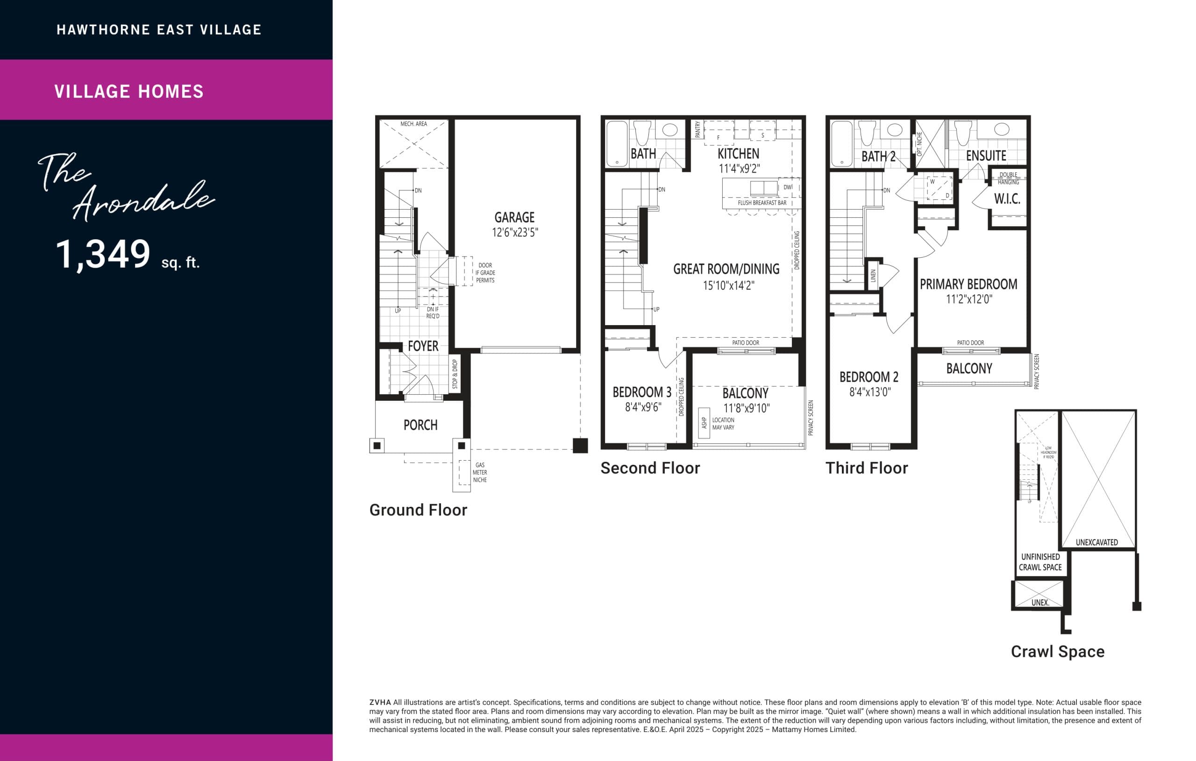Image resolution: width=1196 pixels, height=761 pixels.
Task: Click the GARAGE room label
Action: pyautogui.click(x=514, y=217)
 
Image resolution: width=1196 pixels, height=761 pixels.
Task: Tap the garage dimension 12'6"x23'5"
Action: pyautogui.click(x=514, y=233)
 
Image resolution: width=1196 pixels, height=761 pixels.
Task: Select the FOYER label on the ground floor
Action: pyautogui.click(x=423, y=346)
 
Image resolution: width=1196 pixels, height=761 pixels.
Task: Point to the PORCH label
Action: pyautogui.click(x=420, y=425)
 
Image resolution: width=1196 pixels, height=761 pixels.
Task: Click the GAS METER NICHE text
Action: pyautogui.click(x=480, y=472)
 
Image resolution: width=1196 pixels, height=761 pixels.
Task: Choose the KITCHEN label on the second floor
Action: pyautogui.click(x=738, y=154)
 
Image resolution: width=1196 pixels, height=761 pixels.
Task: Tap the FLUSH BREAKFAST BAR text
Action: pyautogui.click(x=762, y=203)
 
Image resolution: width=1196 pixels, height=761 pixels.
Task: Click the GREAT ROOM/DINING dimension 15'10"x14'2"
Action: pyautogui.click(x=728, y=285)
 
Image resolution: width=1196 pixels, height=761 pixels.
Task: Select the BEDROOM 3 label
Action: pyautogui.click(x=642, y=392)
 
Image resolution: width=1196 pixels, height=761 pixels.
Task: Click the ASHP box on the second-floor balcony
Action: pyautogui.click(x=704, y=423)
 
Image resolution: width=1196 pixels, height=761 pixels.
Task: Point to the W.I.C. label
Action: pyautogui.click(x=1007, y=199)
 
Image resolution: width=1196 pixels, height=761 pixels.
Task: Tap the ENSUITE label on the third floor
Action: pyautogui.click(x=986, y=156)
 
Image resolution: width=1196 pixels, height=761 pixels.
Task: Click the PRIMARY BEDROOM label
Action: pyautogui.click(x=968, y=284)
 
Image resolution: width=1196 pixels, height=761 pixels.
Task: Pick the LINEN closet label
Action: pyautogui.click(x=873, y=276)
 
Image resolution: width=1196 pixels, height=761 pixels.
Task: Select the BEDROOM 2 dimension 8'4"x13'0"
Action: pyautogui.click(x=870, y=392)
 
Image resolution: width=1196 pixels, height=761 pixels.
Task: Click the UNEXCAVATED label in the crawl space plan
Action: pyautogui.click(x=1096, y=542)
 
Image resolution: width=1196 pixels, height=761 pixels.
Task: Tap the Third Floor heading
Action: pyautogui.click(x=866, y=468)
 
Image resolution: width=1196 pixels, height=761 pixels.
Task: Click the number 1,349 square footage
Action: pyautogui.click(x=103, y=254)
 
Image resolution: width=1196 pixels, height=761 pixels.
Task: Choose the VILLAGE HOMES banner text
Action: pyautogui.click(x=129, y=92)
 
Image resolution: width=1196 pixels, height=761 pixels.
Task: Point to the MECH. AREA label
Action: pyautogui.click(x=413, y=124)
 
